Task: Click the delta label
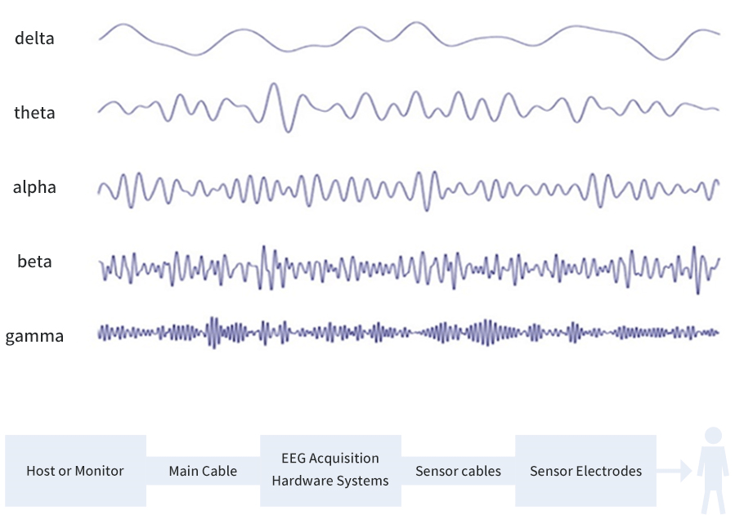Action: click(34, 38)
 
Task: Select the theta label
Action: click(34, 113)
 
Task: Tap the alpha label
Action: click(34, 187)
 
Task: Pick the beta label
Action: click(34, 262)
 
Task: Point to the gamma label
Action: click(34, 336)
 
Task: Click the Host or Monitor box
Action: click(75, 471)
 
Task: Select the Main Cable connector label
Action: click(203, 471)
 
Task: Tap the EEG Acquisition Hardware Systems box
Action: click(329, 469)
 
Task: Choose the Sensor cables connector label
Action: click(458, 471)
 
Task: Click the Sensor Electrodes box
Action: click(585, 471)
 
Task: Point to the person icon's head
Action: click(713, 436)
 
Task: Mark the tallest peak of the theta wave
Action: click(274, 84)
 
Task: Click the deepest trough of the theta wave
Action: click(286, 131)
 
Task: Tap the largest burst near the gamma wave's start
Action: click(213, 333)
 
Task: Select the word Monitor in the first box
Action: click(97, 471)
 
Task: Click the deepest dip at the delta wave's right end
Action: click(664, 59)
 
